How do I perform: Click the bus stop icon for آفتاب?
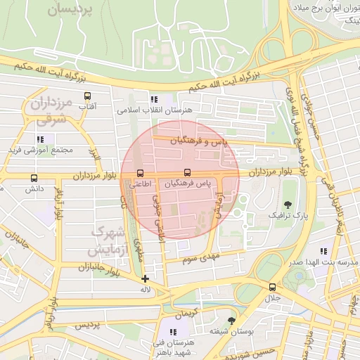coord(88,96)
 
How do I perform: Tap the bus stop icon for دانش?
coord(34,178)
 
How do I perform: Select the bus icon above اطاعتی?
coord(140,172)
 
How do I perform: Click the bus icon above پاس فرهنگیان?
coord(187,172)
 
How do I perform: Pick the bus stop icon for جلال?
coord(272,287)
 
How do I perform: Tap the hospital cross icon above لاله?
coord(145,278)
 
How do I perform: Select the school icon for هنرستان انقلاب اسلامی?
coord(154,99)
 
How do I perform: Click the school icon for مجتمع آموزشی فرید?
coord(39,139)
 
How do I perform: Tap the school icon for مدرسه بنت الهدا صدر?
coord(323,251)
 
